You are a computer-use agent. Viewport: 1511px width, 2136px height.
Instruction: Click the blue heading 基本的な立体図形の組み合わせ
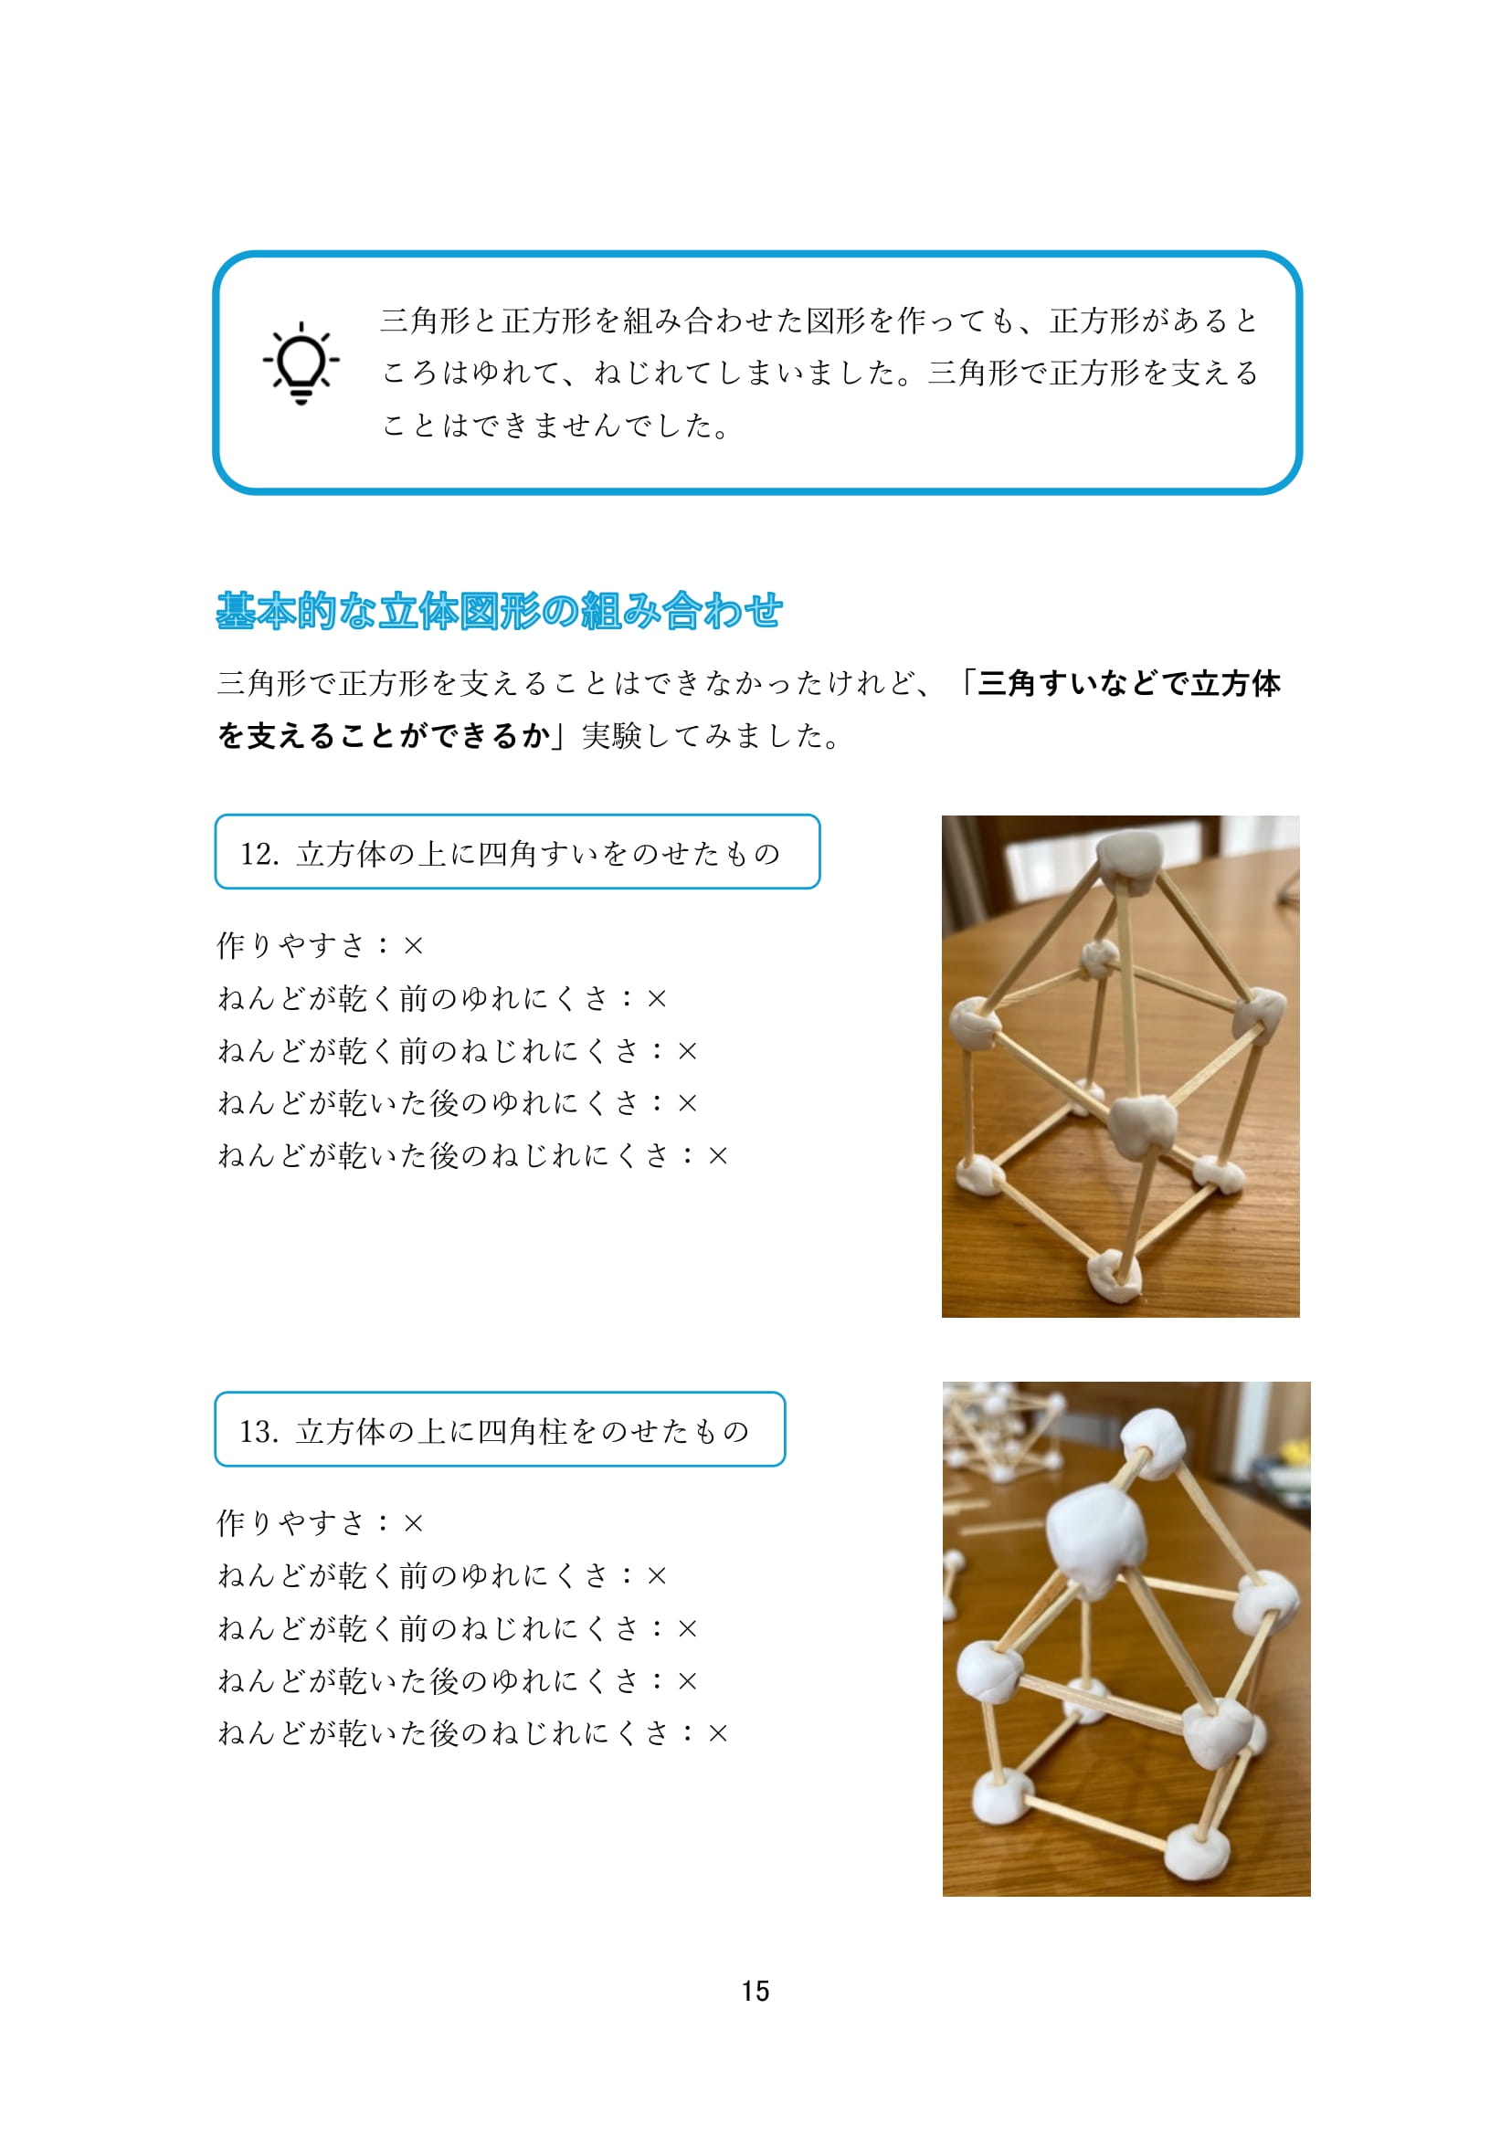(499, 610)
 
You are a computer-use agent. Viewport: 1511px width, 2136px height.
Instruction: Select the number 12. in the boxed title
(259, 854)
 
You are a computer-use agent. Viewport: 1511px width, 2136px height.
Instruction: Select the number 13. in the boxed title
(259, 1432)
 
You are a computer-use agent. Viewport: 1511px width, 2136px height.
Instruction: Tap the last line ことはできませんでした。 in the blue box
(556, 426)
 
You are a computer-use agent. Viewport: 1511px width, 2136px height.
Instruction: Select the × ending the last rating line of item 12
(717, 1156)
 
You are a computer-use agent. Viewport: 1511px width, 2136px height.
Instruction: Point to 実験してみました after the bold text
(701, 736)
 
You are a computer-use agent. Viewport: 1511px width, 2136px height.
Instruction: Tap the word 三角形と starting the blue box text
(441, 321)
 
